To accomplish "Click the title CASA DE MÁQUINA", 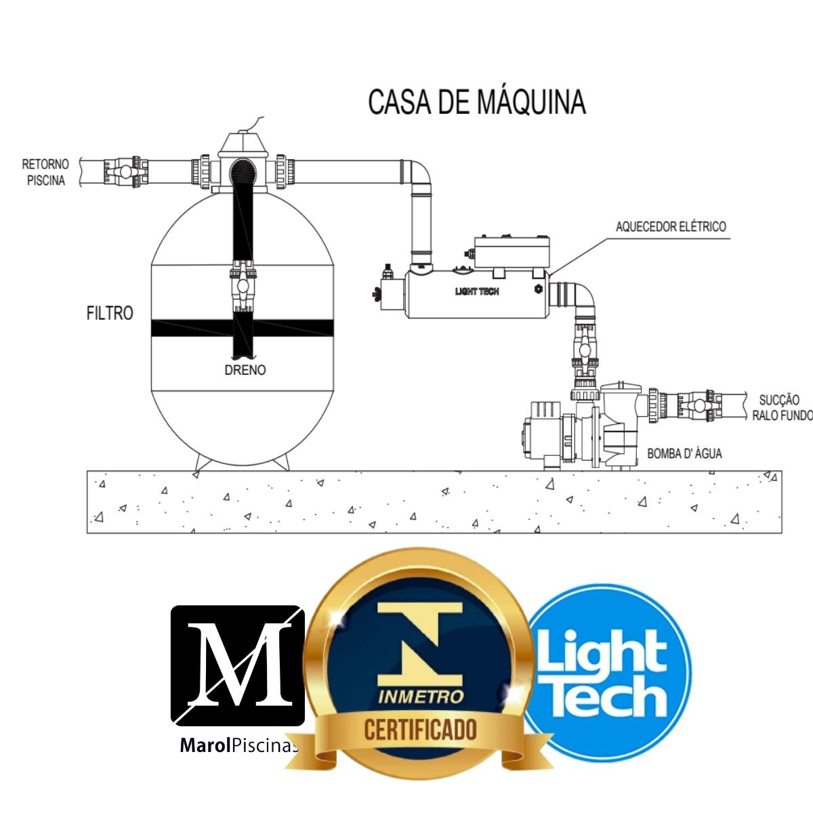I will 476,102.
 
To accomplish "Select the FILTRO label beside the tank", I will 110,313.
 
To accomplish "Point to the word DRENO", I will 245,370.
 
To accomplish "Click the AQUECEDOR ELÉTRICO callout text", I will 670,226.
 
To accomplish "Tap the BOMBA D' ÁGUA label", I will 684,453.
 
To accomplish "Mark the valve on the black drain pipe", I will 241,285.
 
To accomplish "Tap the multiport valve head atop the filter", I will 242,146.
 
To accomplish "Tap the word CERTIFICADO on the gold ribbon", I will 420,730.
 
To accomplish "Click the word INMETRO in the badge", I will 421,696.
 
